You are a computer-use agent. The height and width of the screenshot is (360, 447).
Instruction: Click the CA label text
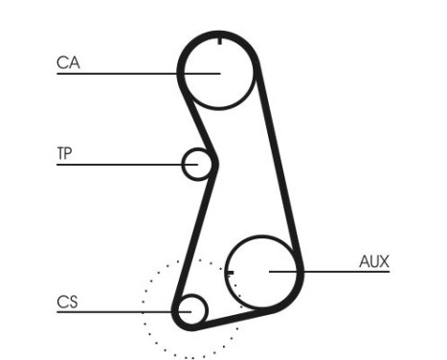tap(67, 63)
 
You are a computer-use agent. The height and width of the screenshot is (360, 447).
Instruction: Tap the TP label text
tap(64, 153)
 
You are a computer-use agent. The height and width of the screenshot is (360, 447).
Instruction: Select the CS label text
tap(66, 302)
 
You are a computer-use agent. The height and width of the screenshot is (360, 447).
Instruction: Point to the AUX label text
tap(374, 260)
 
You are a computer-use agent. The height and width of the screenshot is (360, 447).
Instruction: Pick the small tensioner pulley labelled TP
tap(197, 164)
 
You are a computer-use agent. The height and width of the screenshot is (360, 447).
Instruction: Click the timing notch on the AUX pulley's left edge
tap(230, 271)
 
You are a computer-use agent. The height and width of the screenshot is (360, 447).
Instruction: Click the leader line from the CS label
tap(115, 310)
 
